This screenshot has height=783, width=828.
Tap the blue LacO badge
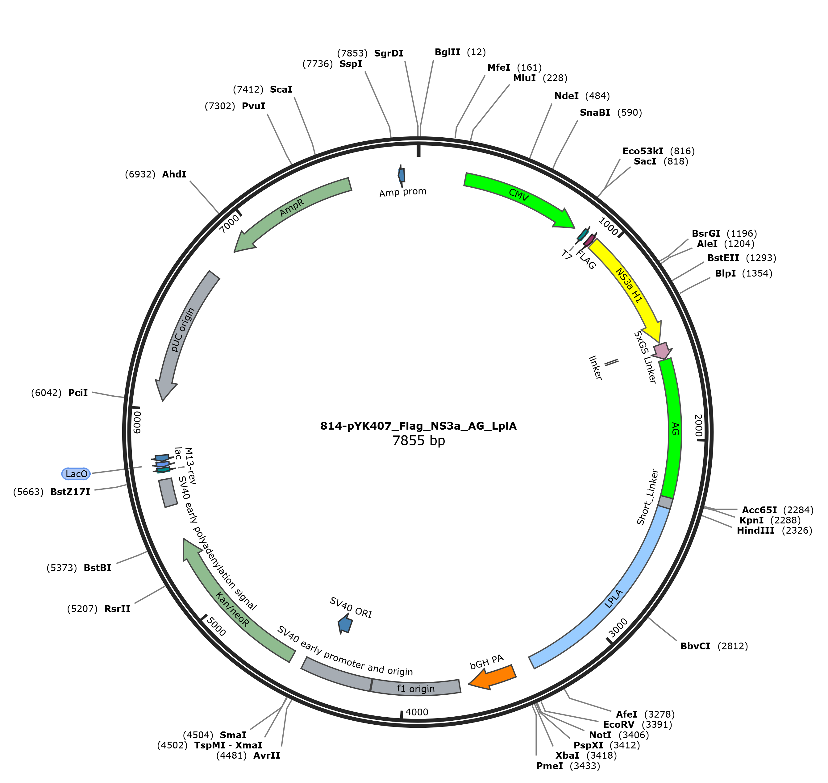76,474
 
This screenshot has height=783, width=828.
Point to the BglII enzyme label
447,52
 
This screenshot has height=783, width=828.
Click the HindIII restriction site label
756,531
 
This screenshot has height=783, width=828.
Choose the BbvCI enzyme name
695,646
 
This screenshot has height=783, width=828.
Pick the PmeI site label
550,766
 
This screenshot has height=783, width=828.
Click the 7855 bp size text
418,441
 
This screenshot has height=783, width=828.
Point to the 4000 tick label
417,712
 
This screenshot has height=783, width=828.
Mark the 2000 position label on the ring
698,426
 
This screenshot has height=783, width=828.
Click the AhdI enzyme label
174,174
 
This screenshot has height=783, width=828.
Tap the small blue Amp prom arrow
402,175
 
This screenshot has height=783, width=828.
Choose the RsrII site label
117,609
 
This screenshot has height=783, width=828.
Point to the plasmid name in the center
418,426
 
